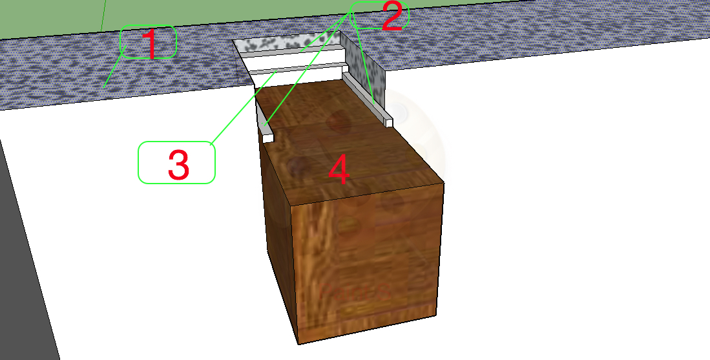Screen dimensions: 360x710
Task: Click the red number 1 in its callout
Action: (x=149, y=44)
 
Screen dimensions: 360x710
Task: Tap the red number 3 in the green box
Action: (x=178, y=165)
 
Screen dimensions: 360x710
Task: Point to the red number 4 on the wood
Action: (x=339, y=171)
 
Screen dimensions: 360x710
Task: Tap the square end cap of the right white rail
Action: (x=388, y=122)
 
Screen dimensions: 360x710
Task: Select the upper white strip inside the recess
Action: (x=291, y=56)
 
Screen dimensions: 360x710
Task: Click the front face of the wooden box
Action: (x=365, y=265)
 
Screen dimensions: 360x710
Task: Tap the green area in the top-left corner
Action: (x=45, y=16)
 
